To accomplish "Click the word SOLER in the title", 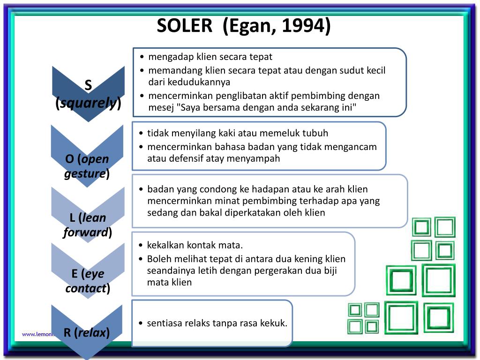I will [x=184, y=26].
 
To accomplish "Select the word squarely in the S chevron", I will [x=88, y=103].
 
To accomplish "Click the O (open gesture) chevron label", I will [x=87, y=166].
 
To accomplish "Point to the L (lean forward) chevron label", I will [x=87, y=225].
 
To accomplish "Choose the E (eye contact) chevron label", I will [x=88, y=281].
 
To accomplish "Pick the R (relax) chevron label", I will [x=87, y=333].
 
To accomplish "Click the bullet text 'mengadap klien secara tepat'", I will [x=210, y=57].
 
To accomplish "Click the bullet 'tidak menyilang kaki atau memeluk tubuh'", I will [x=238, y=133].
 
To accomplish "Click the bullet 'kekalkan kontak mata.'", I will [x=195, y=245].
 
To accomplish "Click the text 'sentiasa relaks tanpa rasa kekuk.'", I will [x=217, y=323].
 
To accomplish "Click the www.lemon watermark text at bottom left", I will [x=37, y=334].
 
